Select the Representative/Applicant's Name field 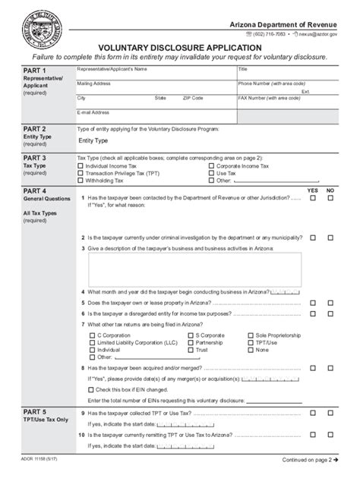coord(152,77)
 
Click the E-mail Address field coord(152,118)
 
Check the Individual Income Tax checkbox coord(81,165)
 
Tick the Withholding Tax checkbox coord(81,181)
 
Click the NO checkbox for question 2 coord(330,237)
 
